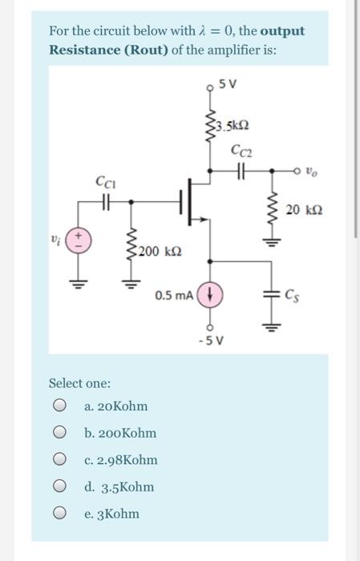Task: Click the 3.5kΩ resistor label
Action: (237, 127)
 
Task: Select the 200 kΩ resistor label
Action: (156, 252)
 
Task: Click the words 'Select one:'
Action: (80, 384)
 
